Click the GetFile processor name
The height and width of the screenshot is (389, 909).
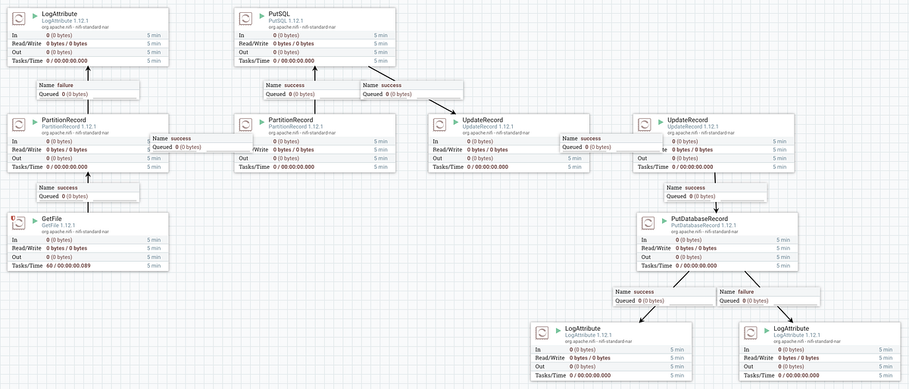(x=52, y=219)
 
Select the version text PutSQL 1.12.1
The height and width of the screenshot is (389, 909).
(x=286, y=21)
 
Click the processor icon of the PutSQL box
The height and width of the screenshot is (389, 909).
(x=245, y=19)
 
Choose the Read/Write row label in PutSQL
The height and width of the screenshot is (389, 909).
(x=254, y=44)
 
